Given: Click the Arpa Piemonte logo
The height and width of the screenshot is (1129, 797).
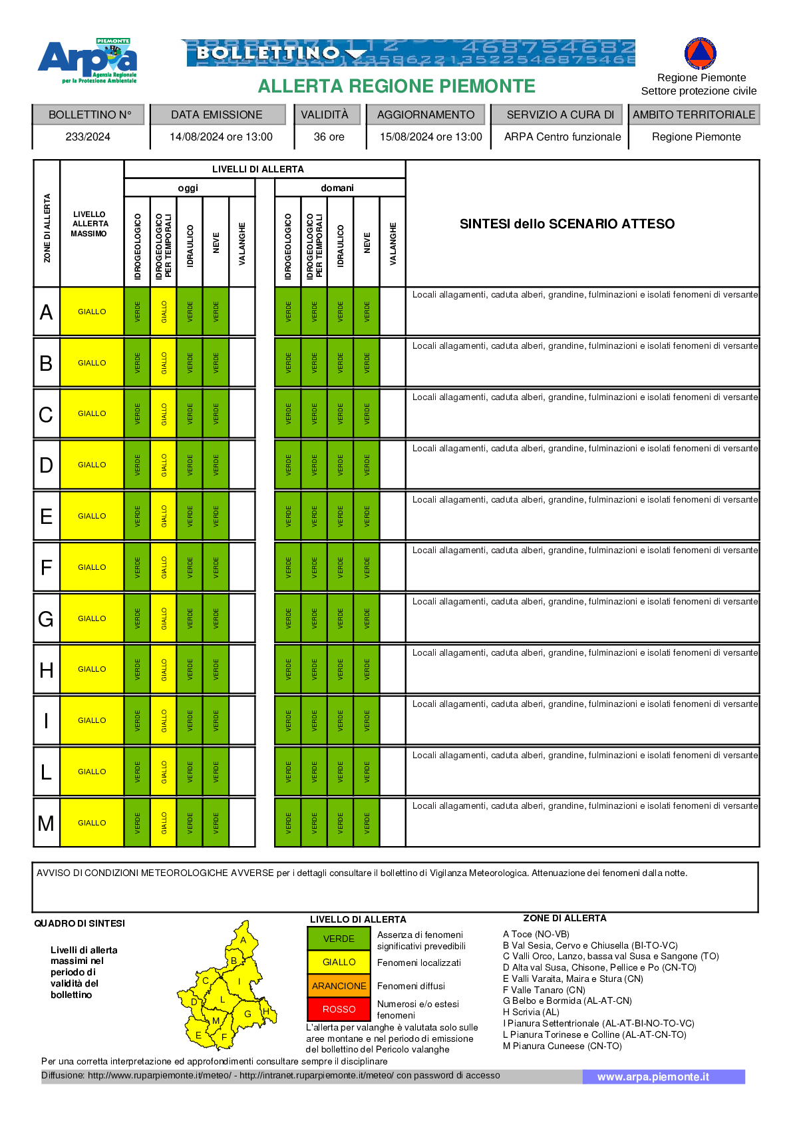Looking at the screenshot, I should coord(88,61).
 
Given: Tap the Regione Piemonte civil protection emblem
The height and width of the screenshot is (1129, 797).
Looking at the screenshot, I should coord(700,53).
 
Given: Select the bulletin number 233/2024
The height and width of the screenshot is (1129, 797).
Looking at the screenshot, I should coord(88,137).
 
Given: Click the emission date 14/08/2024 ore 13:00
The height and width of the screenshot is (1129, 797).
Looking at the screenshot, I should coord(221,137).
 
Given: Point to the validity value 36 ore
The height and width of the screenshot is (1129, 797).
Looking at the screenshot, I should coord(329,137).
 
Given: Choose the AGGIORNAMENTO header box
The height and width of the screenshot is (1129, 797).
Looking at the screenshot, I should coord(426,114).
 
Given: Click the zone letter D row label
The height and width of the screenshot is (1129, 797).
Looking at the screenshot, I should coord(46,465).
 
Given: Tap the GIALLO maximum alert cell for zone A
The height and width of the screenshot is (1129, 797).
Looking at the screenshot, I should coord(92,312).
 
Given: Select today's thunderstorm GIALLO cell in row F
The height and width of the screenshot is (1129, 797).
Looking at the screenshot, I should coord(164,567).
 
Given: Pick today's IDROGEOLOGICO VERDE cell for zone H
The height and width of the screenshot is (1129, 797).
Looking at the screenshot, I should coord(138,669).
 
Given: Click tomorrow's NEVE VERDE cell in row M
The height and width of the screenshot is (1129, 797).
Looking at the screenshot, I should coord(367,823).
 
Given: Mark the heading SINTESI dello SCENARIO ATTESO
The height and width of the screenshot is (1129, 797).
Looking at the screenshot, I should coord(567,224).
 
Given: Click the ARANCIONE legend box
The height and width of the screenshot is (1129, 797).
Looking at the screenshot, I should coord(339,986).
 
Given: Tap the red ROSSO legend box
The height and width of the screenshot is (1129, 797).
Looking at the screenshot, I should coord(339,1009).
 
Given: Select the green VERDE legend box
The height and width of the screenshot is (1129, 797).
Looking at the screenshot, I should coord(339,939).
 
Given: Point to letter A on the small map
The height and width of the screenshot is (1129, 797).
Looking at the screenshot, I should coord(243,940).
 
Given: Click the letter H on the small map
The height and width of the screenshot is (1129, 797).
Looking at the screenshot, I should coord(265,1012).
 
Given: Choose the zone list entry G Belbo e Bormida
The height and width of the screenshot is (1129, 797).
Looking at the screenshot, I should coord(567,1001).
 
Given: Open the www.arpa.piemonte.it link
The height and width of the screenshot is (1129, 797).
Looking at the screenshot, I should coord(653,1077).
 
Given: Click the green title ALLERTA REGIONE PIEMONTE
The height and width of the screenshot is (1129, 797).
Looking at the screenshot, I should coord(397,87).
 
